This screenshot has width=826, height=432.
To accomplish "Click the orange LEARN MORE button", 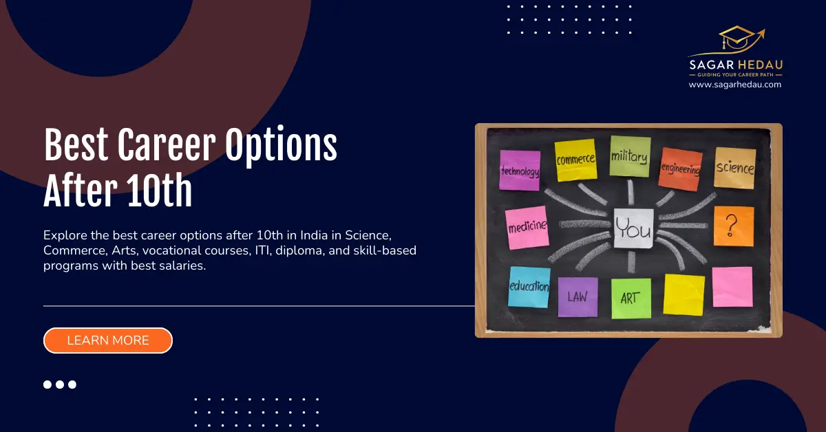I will click(107, 341).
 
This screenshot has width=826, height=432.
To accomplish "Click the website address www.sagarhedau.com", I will click(735, 85).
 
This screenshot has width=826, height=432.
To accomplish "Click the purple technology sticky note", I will click(520, 170).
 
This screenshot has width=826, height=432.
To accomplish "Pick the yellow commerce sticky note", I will click(575, 160).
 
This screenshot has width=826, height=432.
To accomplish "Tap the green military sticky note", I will click(629, 156).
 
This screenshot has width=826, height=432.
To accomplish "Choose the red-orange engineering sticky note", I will click(680, 169).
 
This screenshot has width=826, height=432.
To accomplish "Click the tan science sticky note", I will click(734, 168).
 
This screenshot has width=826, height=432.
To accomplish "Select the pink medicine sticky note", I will click(527, 226).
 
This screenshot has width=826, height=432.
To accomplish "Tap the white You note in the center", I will click(633, 227).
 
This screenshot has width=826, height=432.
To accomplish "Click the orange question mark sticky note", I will click(733, 226).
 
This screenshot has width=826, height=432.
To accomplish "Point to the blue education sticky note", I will click(529, 286).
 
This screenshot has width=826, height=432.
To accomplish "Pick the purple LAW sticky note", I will click(578, 297).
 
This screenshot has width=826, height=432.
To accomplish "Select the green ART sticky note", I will click(631, 299).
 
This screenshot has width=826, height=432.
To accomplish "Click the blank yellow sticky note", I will click(684, 294).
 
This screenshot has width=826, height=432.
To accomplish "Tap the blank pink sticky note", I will click(732, 287).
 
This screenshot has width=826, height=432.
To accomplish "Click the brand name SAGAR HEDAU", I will click(735, 64).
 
